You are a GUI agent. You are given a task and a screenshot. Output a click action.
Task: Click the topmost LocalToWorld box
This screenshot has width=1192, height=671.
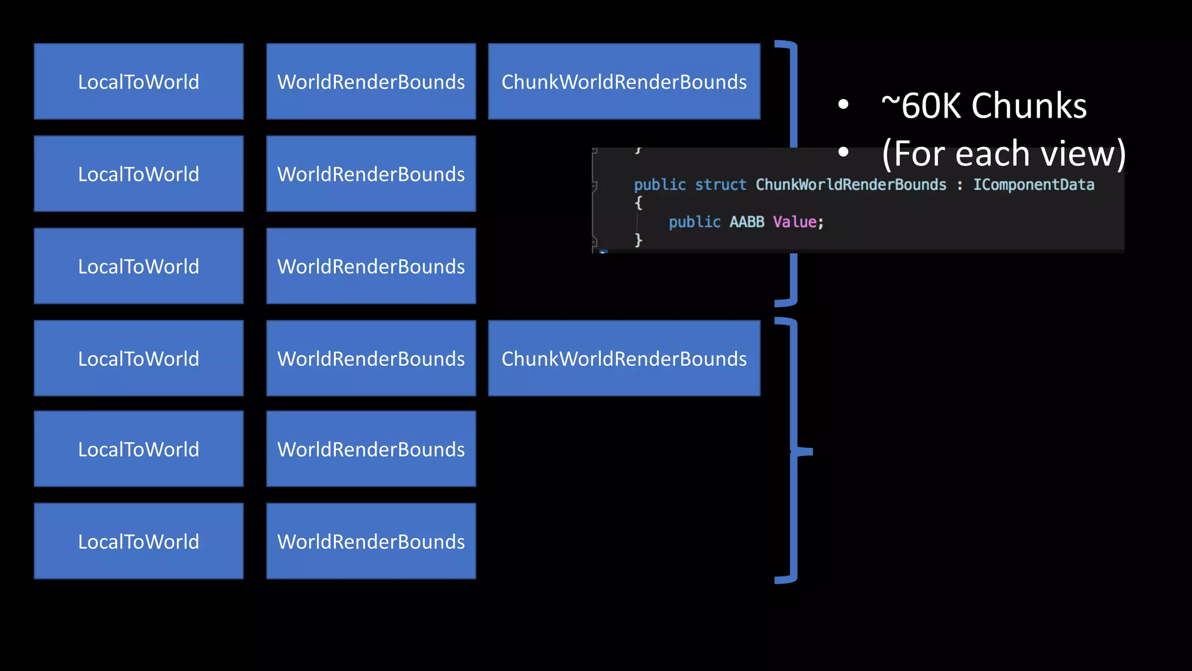pyautogui.click(x=139, y=82)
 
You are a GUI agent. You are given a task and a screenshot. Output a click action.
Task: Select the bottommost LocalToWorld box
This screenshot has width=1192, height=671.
pyautogui.click(x=139, y=541)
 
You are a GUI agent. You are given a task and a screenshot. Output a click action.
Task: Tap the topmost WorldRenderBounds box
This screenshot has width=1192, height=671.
pyautogui.click(x=371, y=82)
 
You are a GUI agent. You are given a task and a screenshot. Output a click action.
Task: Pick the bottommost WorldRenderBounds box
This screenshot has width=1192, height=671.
pyautogui.click(x=371, y=541)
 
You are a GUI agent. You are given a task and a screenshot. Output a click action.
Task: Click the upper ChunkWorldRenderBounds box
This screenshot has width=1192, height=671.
pyautogui.click(x=624, y=82)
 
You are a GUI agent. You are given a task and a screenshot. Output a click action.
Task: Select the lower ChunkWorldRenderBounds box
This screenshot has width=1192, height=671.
pyautogui.click(x=624, y=358)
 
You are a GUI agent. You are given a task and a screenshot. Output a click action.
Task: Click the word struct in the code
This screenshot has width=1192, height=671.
pyautogui.click(x=720, y=185)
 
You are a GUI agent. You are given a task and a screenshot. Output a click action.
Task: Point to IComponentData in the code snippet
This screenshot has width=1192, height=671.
pyautogui.click(x=1034, y=185)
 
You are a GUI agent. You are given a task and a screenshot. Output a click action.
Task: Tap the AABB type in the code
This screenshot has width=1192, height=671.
pyautogui.click(x=747, y=222)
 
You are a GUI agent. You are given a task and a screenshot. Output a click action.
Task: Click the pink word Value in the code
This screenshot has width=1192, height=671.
pyautogui.click(x=794, y=222)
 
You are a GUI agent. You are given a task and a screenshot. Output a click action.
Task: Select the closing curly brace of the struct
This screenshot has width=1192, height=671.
pyautogui.click(x=638, y=239)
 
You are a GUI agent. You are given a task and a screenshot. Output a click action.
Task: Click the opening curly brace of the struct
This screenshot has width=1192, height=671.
pyautogui.click(x=638, y=203)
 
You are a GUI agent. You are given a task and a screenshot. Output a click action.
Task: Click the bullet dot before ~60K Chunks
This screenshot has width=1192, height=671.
pyautogui.click(x=843, y=105)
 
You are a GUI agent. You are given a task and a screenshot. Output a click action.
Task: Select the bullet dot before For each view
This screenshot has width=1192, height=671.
pyautogui.click(x=843, y=153)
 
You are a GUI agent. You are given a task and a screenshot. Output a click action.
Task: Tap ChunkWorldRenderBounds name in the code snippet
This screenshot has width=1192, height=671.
pyautogui.click(x=851, y=185)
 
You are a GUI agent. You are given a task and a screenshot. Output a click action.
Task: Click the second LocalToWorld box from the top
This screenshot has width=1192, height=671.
pyautogui.click(x=139, y=174)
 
